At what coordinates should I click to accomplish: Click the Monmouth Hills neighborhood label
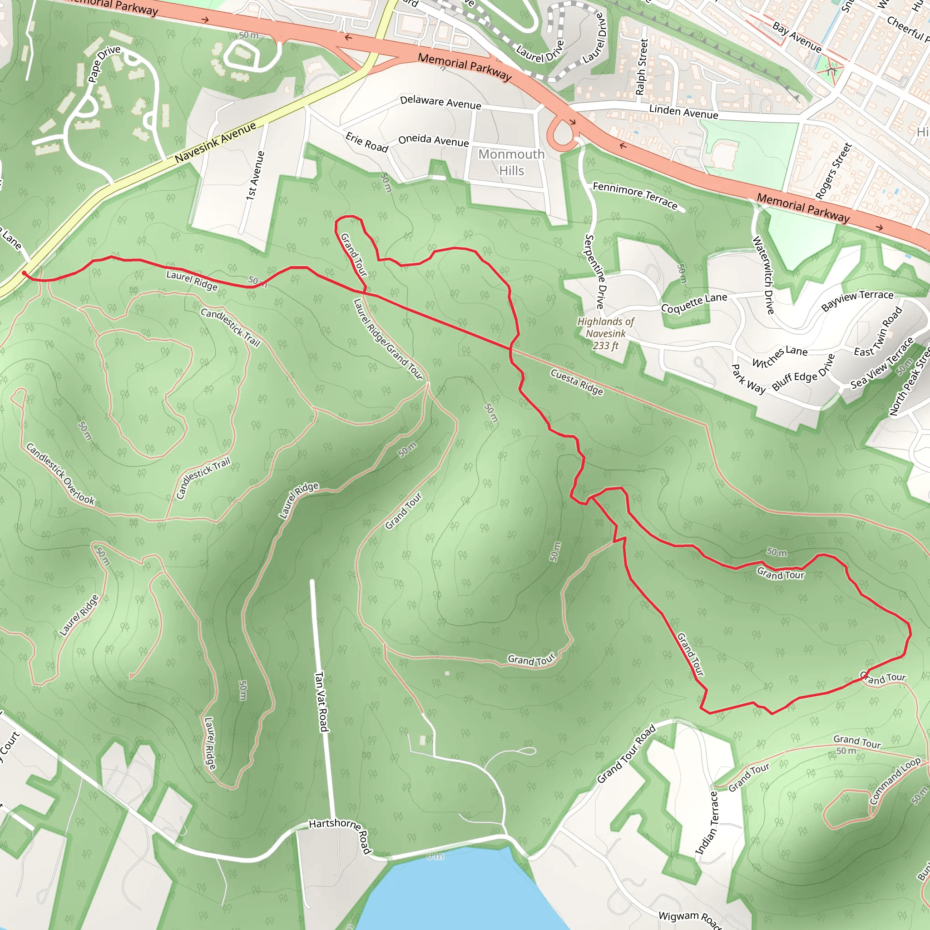(x=511, y=162)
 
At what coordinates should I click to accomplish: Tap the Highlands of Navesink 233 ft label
(x=606, y=333)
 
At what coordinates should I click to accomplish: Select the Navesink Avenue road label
(x=215, y=143)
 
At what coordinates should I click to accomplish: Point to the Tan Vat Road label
(x=322, y=702)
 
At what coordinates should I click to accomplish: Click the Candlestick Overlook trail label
(x=60, y=474)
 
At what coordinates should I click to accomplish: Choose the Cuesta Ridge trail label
(x=577, y=381)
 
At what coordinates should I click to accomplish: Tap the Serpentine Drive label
(x=595, y=271)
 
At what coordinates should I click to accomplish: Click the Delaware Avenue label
(x=440, y=102)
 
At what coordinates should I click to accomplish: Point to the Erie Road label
(x=367, y=143)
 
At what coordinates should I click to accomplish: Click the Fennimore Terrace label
(x=635, y=195)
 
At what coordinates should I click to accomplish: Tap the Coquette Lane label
(x=694, y=303)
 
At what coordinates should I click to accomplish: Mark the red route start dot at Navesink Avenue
(x=24, y=273)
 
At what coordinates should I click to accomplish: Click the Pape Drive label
(x=104, y=64)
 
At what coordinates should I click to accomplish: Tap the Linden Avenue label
(x=683, y=112)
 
